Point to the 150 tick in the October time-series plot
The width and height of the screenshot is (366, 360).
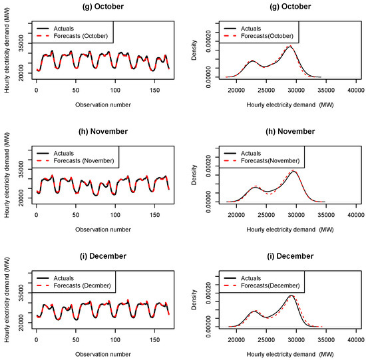click(154, 88)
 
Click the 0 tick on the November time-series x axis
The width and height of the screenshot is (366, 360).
click(36, 212)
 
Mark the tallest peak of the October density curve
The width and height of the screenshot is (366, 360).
click(290, 47)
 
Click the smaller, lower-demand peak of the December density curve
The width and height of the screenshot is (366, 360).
click(253, 311)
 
